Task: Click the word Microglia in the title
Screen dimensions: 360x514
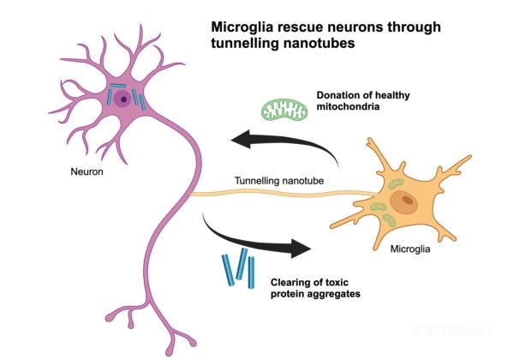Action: click(x=242, y=27)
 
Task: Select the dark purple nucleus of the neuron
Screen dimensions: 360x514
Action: click(x=124, y=99)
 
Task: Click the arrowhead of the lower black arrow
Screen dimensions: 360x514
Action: click(x=302, y=249)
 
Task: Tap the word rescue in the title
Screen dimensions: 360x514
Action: click(x=296, y=27)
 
